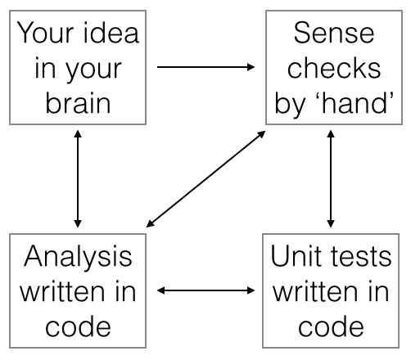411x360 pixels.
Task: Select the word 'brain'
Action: tap(78, 103)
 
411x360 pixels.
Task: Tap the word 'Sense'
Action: tap(334, 33)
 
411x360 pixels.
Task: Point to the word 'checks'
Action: tap(334, 68)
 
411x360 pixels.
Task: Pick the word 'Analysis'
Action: tap(78, 256)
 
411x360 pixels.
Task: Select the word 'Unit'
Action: tap(296, 256)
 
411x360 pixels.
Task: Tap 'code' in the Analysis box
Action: tap(78, 326)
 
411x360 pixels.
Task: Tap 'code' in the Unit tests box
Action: tap(331, 326)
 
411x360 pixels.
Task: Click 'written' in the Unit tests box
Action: tap(314, 291)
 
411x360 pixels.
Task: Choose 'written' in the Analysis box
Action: tap(61, 291)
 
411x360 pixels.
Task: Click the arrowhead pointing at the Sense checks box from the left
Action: tap(251, 67)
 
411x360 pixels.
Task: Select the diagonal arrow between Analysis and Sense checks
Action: tap(205, 179)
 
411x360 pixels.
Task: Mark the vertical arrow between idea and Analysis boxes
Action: tap(78, 179)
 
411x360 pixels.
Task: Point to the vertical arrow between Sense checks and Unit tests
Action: tap(331, 179)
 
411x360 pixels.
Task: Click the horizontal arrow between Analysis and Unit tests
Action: tap(206, 290)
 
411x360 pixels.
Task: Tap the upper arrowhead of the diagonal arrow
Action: tap(261, 134)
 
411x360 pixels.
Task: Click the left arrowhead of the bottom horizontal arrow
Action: tap(161, 290)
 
